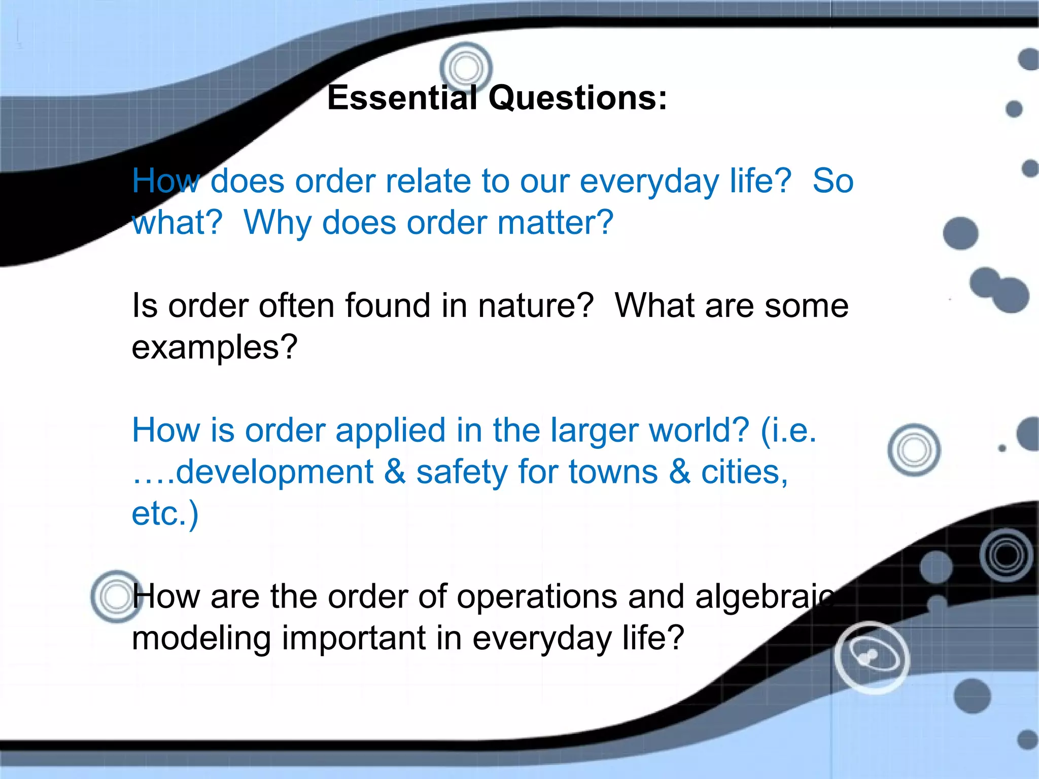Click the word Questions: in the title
(x=578, y=97)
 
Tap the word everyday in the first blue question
(x=649, y=181)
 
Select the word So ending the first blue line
(x=833, y=181)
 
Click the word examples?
(x=214, y=348)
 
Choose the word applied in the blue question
(x=390, y=431)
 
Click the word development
(x=274, y=472)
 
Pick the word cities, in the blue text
(x=744, y=472)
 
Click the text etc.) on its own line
(x=165, y=514)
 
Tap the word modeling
(x=201, y=638)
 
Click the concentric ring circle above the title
(x=466, y=67)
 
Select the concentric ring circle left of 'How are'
(x=117, y=596)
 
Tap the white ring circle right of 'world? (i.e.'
(x=914, y=450)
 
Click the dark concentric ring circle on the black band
(x=1007, y=555)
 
